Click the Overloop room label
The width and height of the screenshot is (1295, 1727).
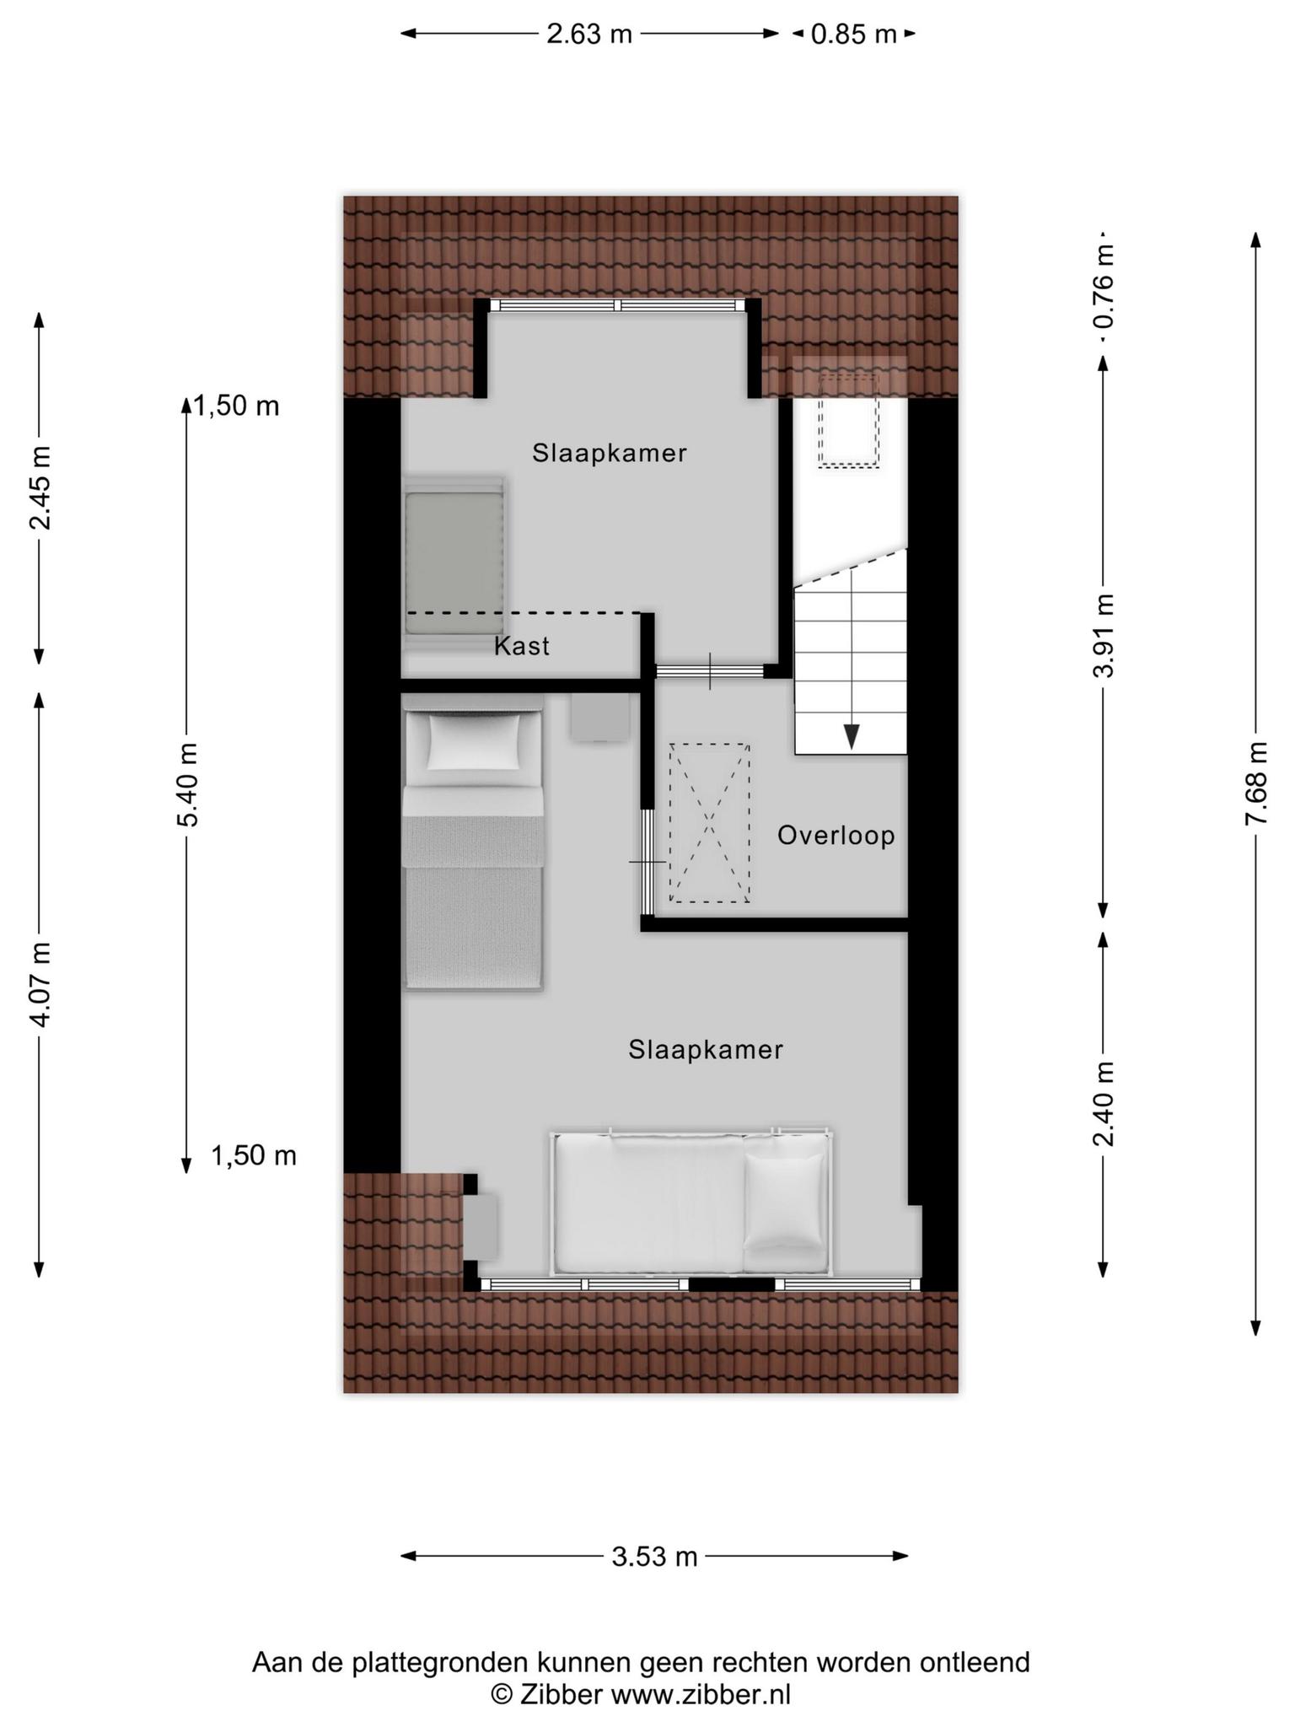click(836, 836)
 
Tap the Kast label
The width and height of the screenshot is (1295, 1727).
click(522, 646)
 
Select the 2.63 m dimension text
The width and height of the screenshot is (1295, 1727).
click(589, 34)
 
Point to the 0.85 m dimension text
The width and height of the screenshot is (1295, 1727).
click(853, 34)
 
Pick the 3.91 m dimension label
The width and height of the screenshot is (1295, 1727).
click(1104, 635)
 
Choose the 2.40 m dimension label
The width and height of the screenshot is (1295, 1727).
click(1104, 1104)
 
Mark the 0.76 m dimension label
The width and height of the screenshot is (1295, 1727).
click(1104, 287)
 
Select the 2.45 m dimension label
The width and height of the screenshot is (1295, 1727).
click(40, 487)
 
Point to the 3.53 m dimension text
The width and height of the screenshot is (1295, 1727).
click(655, 1556)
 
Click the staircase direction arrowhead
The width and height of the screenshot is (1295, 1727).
click(852, 736)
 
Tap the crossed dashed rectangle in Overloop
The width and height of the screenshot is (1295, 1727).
click(709, 823)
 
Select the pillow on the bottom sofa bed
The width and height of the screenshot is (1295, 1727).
click(783, 1202)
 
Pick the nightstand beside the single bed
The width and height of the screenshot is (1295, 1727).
click(600, 717)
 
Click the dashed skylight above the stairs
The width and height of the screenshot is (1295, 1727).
click(848, 420)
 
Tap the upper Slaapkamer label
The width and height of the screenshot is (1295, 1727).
click(610, 453)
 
